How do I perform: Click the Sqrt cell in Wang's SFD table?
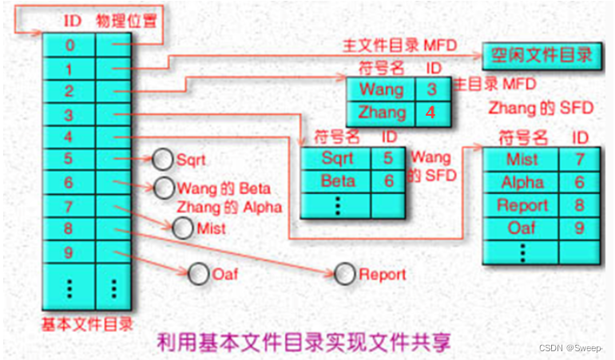(337, 157)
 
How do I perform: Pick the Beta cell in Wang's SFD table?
(337, 181)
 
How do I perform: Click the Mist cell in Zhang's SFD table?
(522, 159)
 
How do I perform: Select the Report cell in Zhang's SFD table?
(522, 205)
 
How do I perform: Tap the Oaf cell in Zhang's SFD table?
(522, 228)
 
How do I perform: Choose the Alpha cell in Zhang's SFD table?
(522, 182)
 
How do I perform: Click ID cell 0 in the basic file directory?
(69, 45)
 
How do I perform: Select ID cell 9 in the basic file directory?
(69, 253)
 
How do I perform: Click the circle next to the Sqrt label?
(163, 159)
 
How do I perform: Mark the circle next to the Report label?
(345, 274)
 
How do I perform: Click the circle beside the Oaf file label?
(198, 274)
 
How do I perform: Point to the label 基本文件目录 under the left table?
(85, 324)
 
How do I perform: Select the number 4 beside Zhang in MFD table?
(430, 112)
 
